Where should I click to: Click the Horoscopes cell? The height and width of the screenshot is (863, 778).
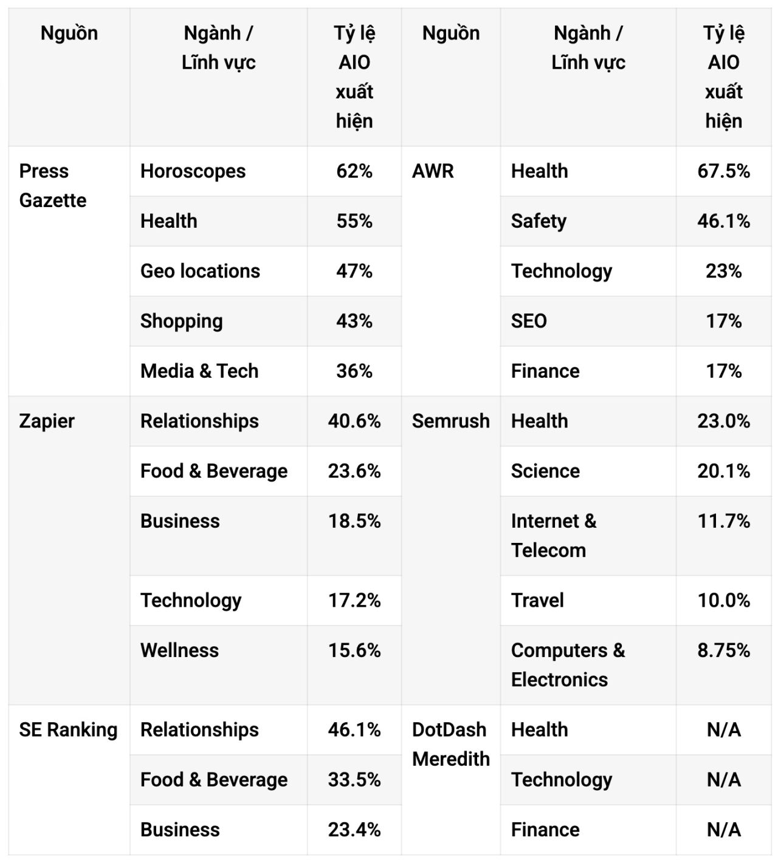pyautogui.click(x=193, y=171)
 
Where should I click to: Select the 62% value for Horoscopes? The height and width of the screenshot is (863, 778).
pyautogui.click(x=354, y=171)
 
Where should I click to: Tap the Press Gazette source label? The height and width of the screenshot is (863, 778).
pyautogui.click(x=52, y=186)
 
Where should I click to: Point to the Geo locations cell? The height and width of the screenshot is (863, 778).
pyautogui.click(x=200, y=271)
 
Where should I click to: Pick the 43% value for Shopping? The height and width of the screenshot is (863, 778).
pyautogui.click(x=354, y=321)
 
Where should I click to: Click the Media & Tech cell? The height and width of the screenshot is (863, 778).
pyautogui.click(x=199, y=371)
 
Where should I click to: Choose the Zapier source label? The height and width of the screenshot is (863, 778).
pyautogui.click(x=47, y=421)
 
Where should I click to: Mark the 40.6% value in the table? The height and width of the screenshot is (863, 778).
pyautogui.click(x=354, y=421)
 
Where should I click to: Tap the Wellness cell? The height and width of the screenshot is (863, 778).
pyautogui.click(x=179, y=650)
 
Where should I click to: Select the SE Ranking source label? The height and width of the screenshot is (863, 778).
pyautogui.click(x=68, y=729)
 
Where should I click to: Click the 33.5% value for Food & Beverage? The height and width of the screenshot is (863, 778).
pyautogui.click(x=354, y=780)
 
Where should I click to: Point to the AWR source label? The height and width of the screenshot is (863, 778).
pyautogui.click(x=433, y=171)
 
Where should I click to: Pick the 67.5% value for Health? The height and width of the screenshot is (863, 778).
pyautogui.click(x=723, y=171)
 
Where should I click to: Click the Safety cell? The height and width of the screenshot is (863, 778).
pyautogui.click(x=539, y=221)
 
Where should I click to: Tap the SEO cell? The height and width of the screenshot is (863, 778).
pyautogui.click(x=529, y=321)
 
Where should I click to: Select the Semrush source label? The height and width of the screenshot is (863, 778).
pyautogui.click(x=451, y=421)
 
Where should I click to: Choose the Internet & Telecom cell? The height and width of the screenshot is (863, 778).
pyautogui.click(x=554, y=536)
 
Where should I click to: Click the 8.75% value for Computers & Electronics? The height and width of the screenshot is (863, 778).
pyautogui.click(x=723, y=650)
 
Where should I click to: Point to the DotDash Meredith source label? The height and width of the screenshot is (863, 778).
pyautogui.click(x=451, y=744)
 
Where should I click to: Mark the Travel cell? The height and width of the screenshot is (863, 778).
pyautogui.click(x=537, y=600)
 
